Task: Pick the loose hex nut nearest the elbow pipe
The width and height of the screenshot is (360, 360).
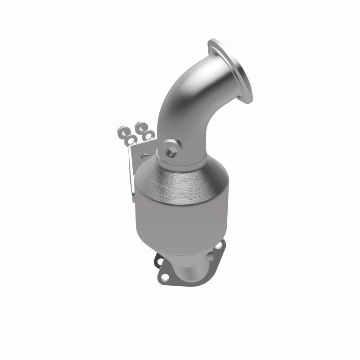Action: (140, 124)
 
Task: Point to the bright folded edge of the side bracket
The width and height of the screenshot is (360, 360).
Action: (131, 180)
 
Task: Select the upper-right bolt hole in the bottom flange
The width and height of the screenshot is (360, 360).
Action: (219, 246)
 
